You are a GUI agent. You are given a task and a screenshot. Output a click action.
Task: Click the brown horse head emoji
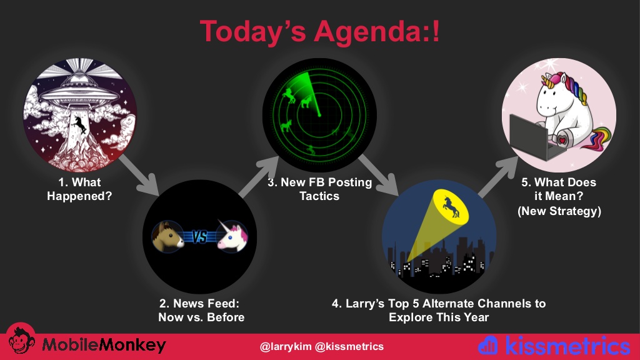pyautogui.click(x=167, y=236)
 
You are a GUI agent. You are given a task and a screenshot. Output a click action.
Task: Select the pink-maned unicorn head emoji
pyautogui.click(x=232, y=236)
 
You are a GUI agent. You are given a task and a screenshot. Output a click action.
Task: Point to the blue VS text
pyautogui.click(x=199, y=237)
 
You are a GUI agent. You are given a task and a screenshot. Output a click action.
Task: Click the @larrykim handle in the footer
pyautogui.click(x=285, y=346)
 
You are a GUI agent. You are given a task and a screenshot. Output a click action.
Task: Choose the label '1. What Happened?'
pyautogui.click(x=79, y=189)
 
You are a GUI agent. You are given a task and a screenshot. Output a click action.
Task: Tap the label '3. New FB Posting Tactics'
pyautogui.click(x=319, y=189)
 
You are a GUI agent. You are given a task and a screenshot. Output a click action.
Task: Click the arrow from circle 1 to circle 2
pyautogui.click(x=139, y=175)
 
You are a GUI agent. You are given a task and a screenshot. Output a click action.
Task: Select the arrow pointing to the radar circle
pyautogui.click(x=258, y=177)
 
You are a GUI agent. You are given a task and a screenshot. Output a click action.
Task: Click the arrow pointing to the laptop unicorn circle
pyautogui.click(x=498, y=177)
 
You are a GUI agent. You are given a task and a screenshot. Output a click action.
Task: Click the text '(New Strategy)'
pyautogui.click(x=559, y=211)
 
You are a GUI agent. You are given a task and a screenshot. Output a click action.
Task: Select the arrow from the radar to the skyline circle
pyautogui.click(x=378, y=175)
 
